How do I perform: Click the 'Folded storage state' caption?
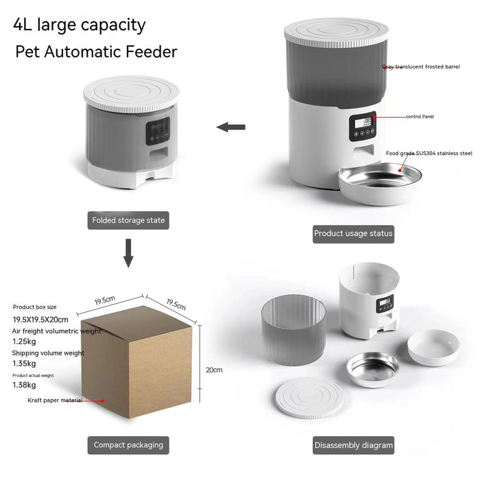(x=128, y=221)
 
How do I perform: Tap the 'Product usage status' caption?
(x=353, y=233)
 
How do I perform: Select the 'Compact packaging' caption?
(x=128, y=445)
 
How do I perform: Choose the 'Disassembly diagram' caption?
(x=353, y=445)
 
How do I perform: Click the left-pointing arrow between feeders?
(x=230, y=127)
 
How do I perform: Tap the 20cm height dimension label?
(x=214, y=370)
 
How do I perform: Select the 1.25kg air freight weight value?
(x=25, y=341)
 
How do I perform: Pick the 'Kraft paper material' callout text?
(x=55, y=400)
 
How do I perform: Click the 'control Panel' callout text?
(x=420, y=117)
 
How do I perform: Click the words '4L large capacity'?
(x=80, y=25)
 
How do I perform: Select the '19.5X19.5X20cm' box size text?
(x=40, y=319)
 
